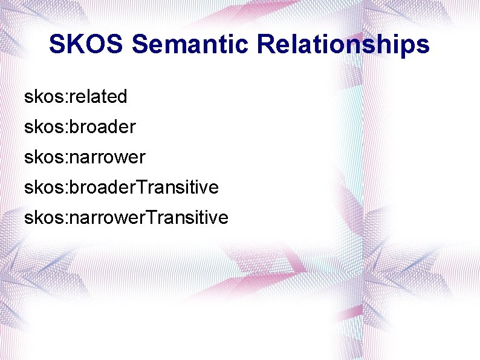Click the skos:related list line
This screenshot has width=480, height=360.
[76, 96]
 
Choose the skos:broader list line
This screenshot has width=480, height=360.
[80, 126]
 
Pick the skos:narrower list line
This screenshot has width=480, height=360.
[85, 157]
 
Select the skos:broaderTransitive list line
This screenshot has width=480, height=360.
[121, 187]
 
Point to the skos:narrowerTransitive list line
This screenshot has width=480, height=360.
[126, 217]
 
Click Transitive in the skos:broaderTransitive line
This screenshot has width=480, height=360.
[178, 187]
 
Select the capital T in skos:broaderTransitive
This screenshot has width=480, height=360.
[141, 187]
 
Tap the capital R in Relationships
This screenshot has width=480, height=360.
[266, 44]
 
